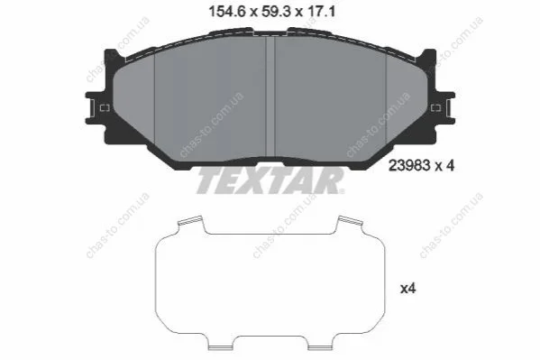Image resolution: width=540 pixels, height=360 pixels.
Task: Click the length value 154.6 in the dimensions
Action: [x=227, y=13]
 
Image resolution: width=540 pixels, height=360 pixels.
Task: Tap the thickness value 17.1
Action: [x=322, y=13]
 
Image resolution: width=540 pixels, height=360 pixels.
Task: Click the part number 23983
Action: [x=409, y=166]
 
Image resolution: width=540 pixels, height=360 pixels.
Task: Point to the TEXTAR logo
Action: [x=270, y=181]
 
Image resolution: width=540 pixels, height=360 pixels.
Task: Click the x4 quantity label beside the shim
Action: [x=407, y=289]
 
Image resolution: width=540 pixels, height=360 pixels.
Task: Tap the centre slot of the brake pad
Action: [x=270, y=97]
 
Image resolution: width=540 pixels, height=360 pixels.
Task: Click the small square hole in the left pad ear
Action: [x=105, y=108]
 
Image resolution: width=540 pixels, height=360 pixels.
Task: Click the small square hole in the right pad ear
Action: [x=436, y=108]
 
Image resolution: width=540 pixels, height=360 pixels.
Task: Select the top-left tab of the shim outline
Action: [x=190, y=221]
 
